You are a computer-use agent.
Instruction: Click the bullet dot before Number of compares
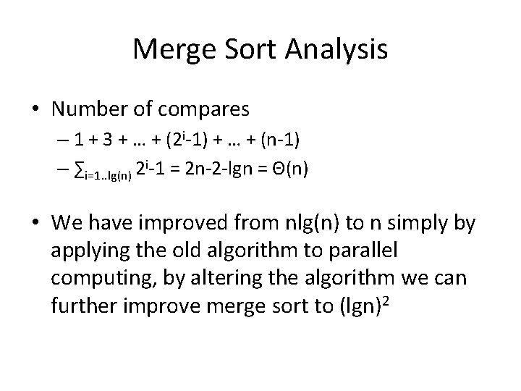tap(36, 109)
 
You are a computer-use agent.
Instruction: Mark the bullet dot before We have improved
tap(36, 224)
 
